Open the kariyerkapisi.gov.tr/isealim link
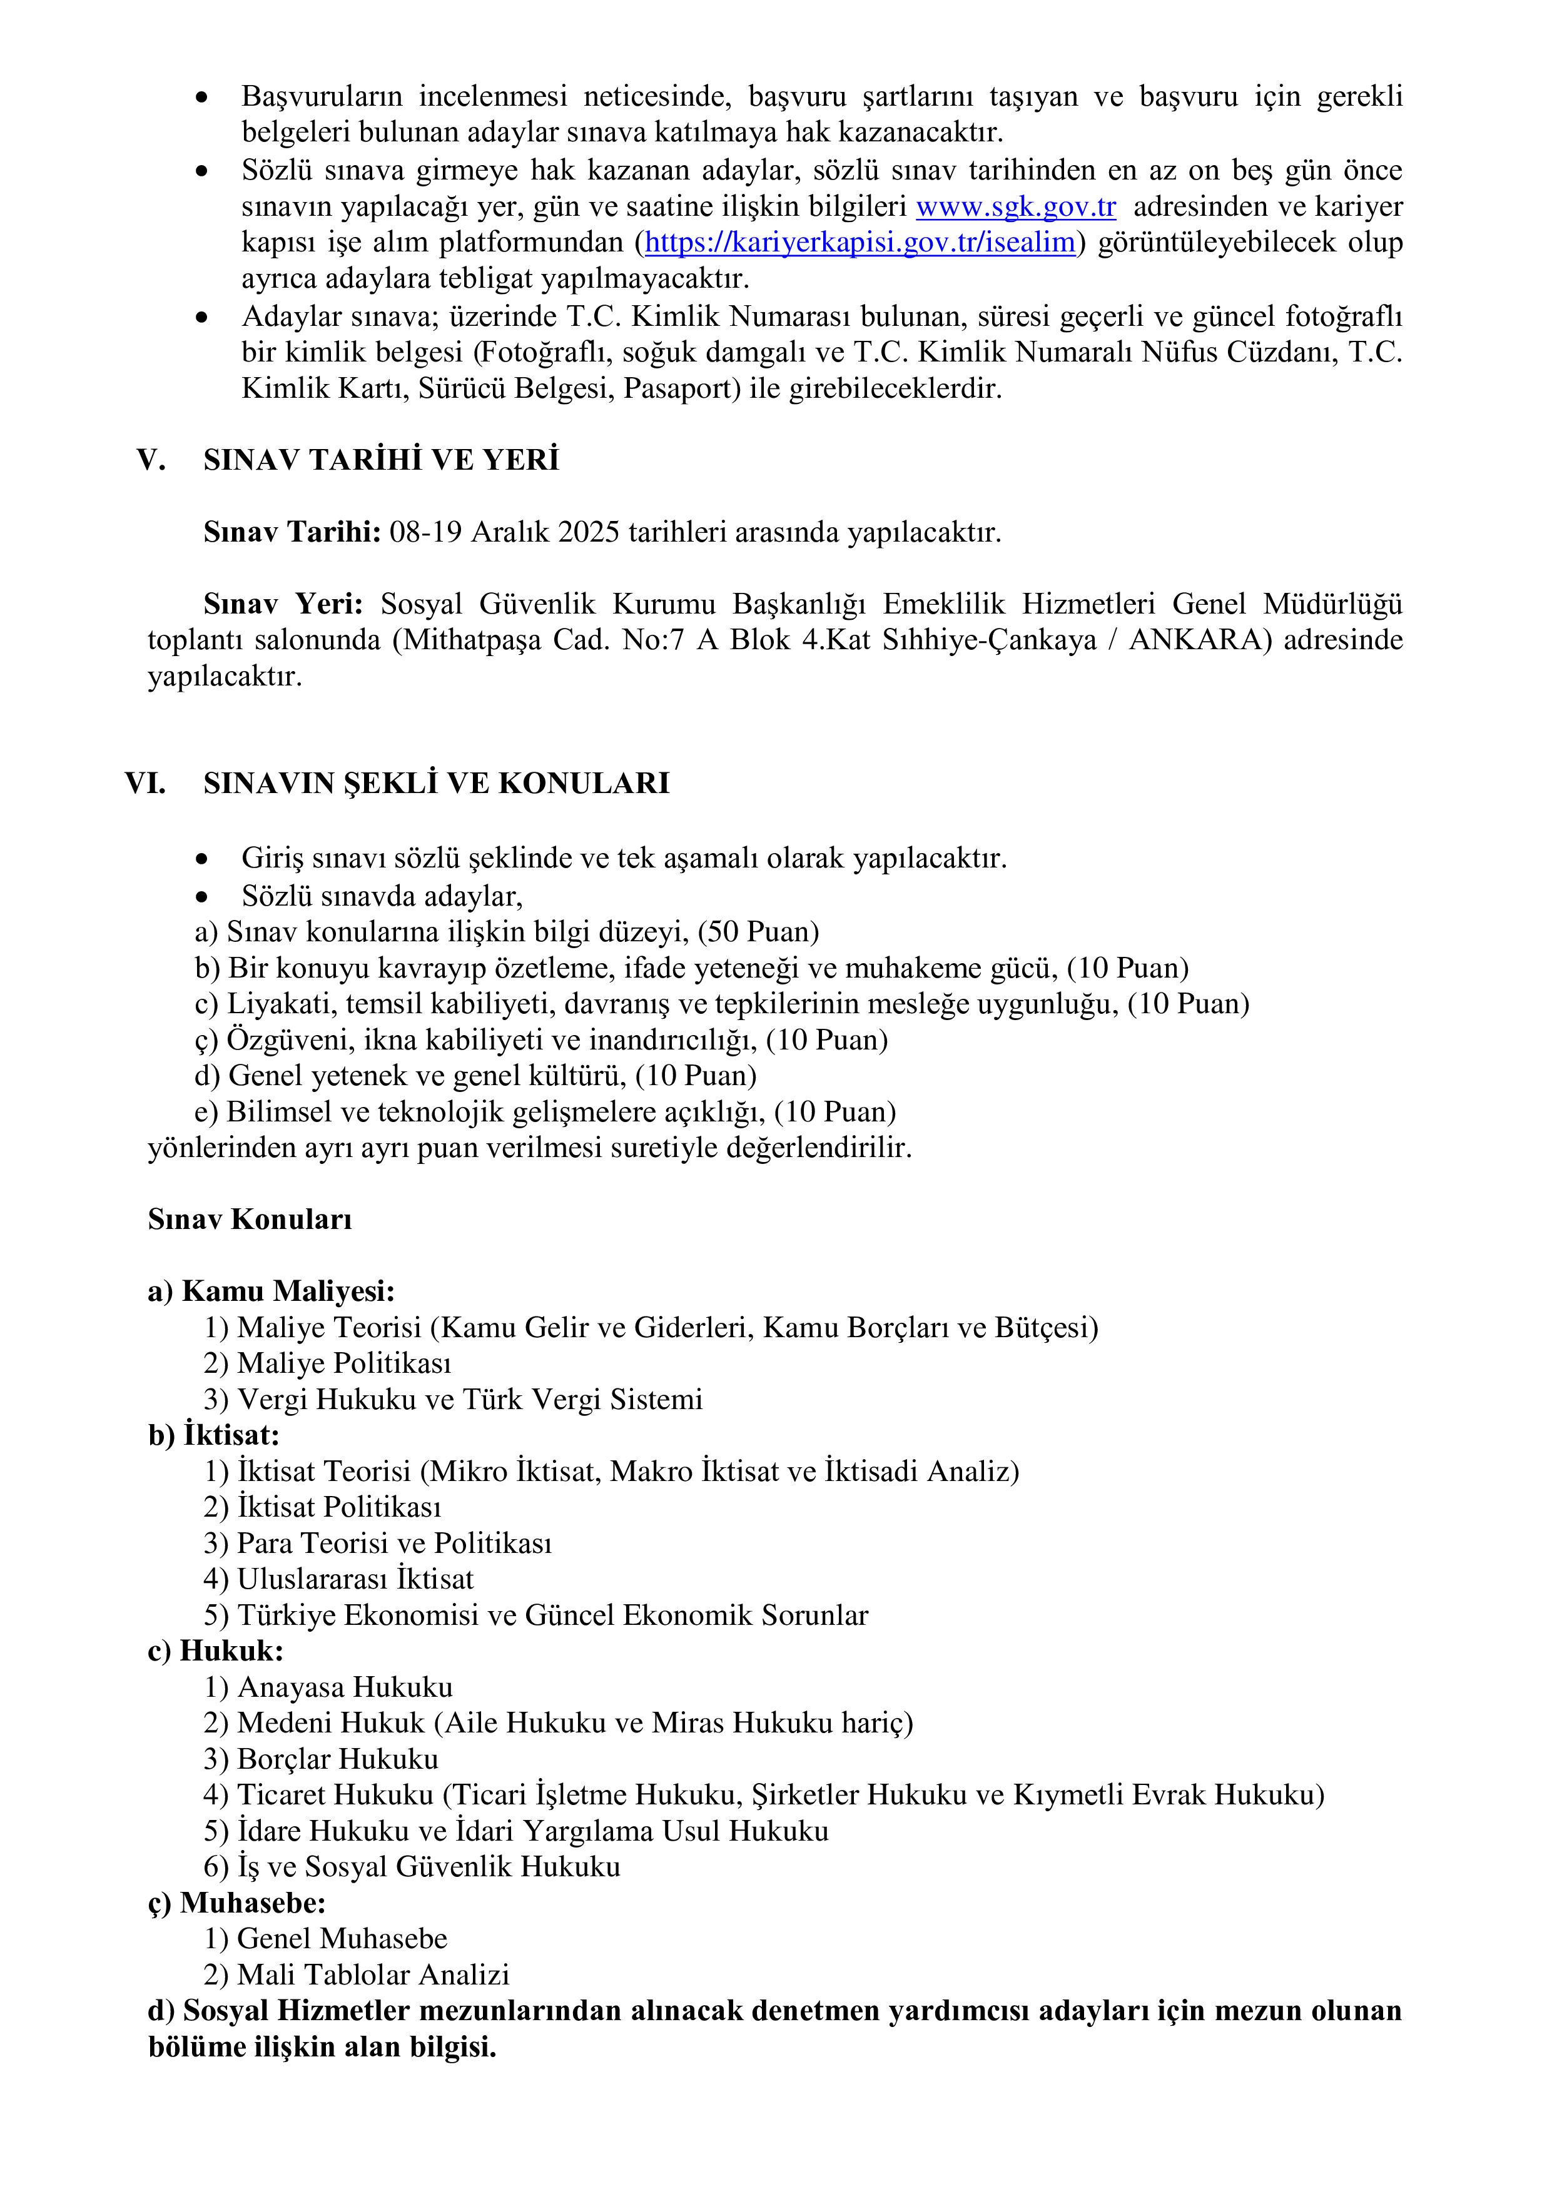[860, 243]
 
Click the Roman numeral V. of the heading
[151, 460]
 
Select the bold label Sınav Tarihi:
[292, 532]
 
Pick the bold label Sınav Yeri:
[283, 604]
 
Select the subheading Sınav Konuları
[250, 1220]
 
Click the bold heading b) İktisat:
[214, 1435]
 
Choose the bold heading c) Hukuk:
[216, 1651]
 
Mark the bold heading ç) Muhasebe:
[237, 1903]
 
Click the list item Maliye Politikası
[343, 1363]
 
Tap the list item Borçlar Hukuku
[337, 1759]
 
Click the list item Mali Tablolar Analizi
[373, 1974]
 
